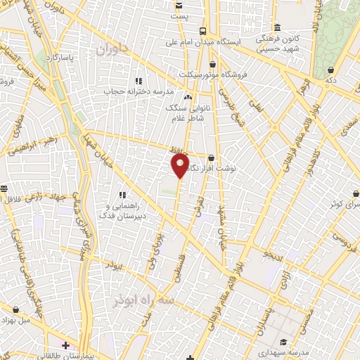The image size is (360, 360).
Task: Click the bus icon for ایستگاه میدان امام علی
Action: click(202, 31)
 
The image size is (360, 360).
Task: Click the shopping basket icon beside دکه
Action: click(330, 70)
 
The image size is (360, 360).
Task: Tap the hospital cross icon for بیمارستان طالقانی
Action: click(65, 345)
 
